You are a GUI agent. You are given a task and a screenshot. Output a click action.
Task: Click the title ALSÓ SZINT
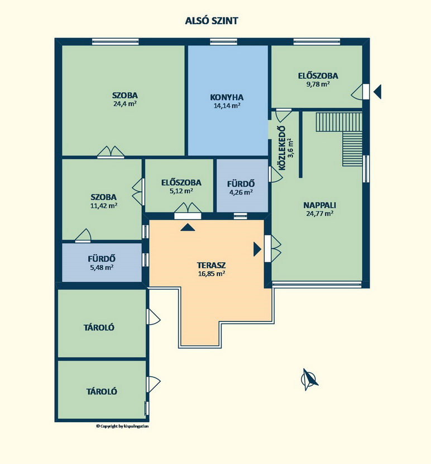point(212,21)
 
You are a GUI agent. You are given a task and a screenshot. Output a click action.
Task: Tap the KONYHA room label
point(227,97)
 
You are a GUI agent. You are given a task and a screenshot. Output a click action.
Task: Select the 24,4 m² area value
point(124,104)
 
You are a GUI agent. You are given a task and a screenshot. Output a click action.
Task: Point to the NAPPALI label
point(319,205)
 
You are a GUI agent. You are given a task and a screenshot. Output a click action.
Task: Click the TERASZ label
point(212,265)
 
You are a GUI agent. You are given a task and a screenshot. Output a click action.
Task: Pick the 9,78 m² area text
point(318,84)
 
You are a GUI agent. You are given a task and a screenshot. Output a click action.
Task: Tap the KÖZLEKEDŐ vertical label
point(282,148)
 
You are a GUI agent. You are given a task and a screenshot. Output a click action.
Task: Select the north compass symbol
point(309,380)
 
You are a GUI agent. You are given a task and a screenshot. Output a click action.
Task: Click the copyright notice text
point(122,426)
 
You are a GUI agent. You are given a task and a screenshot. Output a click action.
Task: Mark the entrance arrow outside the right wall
point(377,92)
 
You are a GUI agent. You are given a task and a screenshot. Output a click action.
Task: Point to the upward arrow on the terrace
point(188,228)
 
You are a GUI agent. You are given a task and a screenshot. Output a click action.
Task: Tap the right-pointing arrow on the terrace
point(257,249)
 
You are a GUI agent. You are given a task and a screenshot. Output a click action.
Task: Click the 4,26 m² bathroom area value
point(241,192)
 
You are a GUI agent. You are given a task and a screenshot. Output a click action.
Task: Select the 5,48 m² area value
point(102,267)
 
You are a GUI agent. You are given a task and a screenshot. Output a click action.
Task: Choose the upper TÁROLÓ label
point(99,328)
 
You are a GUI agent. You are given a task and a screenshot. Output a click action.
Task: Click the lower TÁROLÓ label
point(102,391)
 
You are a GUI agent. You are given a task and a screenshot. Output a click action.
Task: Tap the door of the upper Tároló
point(153,317)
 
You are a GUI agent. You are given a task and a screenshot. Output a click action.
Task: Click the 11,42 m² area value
point(104,205)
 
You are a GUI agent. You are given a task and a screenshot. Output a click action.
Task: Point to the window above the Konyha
point(223,41)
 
